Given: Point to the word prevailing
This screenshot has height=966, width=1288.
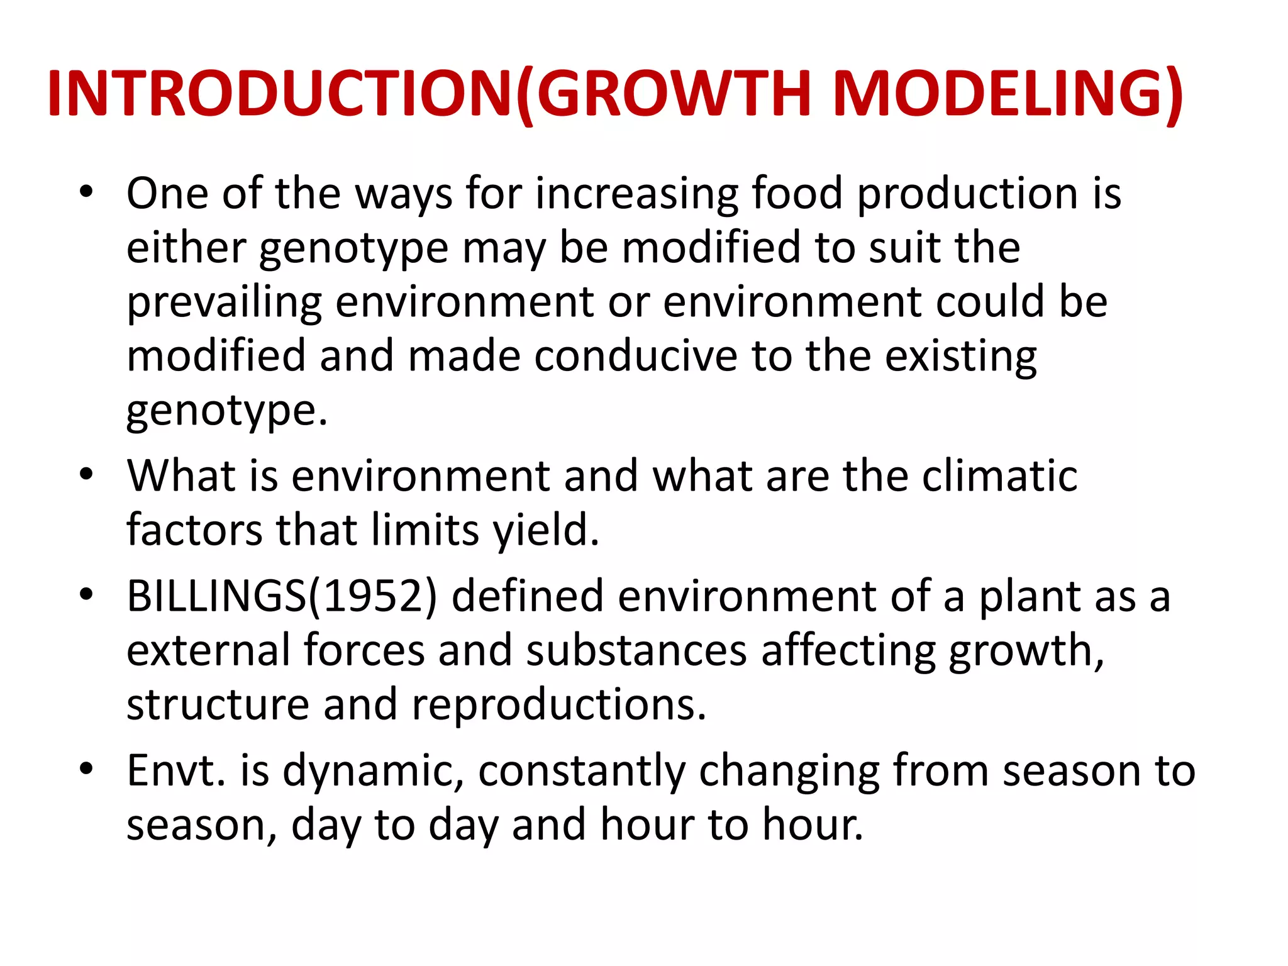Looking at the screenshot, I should tap(225, 303).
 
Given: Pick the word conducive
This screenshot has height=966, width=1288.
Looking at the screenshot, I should tap(636, 357).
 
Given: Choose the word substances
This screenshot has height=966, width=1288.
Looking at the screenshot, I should tap(636, 650).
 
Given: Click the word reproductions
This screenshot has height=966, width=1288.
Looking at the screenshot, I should tap(558, 704).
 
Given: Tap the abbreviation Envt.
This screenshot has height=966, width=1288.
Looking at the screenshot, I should tap(175, 770).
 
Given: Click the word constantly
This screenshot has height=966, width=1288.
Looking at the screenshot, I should tap(581, 770).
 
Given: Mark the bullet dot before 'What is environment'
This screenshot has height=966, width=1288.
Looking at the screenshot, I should tap(87, 473).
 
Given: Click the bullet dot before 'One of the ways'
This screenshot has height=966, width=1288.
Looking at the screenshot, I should tap(87, 191).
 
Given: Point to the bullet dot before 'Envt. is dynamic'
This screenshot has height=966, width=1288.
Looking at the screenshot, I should tap(87, 768).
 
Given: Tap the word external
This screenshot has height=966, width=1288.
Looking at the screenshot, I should tap(208, 650).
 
